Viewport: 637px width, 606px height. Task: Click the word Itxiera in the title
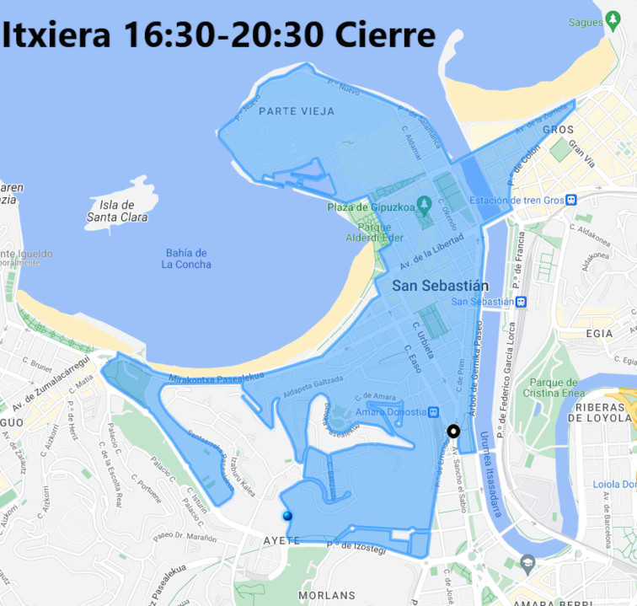tap(57, 35)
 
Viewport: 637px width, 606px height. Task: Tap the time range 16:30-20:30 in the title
tap(222, 35)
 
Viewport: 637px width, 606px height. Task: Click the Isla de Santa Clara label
tap(122, 211)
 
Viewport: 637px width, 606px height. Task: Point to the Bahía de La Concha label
tap(186, 259)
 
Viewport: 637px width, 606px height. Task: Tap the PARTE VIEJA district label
tap(297, 111)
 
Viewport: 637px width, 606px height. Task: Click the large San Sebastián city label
tap(440, 286)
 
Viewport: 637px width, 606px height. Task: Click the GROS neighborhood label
tap(558, 130)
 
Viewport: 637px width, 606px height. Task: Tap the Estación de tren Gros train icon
tap(571, 200)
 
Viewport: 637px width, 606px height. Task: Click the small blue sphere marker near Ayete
tap(288, 516)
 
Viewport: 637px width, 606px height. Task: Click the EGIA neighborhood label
tap(598, 334)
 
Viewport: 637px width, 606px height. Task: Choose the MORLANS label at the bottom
tap(326, 595)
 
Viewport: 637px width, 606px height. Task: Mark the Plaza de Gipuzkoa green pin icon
tap(424, 204)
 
